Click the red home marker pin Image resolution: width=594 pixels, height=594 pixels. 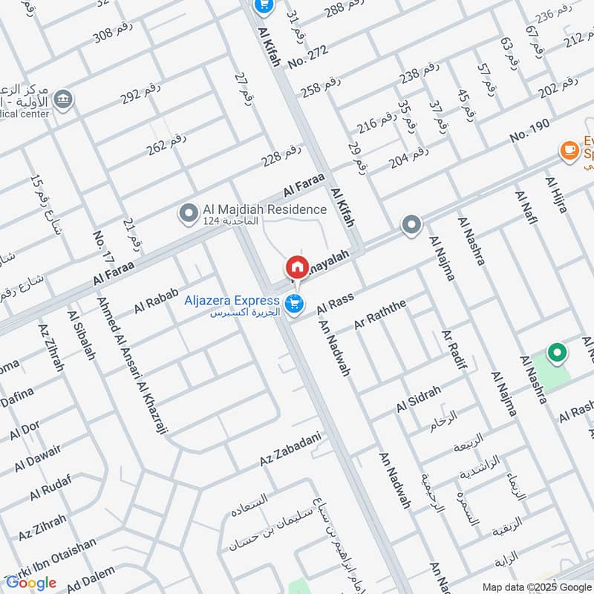[x=296, y=266]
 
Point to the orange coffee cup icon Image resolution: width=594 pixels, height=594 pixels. [x=569, y=151]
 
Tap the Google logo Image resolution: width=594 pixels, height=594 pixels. [x=31, y=582]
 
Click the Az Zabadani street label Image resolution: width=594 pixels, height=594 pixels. [x=290, y=450]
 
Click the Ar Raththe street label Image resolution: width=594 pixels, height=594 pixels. [x=380, y=314]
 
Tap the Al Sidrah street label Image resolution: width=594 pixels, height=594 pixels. [x=419, y=399]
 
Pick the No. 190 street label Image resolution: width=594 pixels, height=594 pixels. [x=529, y=131]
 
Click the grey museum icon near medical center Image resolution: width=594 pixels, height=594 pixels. [x=65, y=99]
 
